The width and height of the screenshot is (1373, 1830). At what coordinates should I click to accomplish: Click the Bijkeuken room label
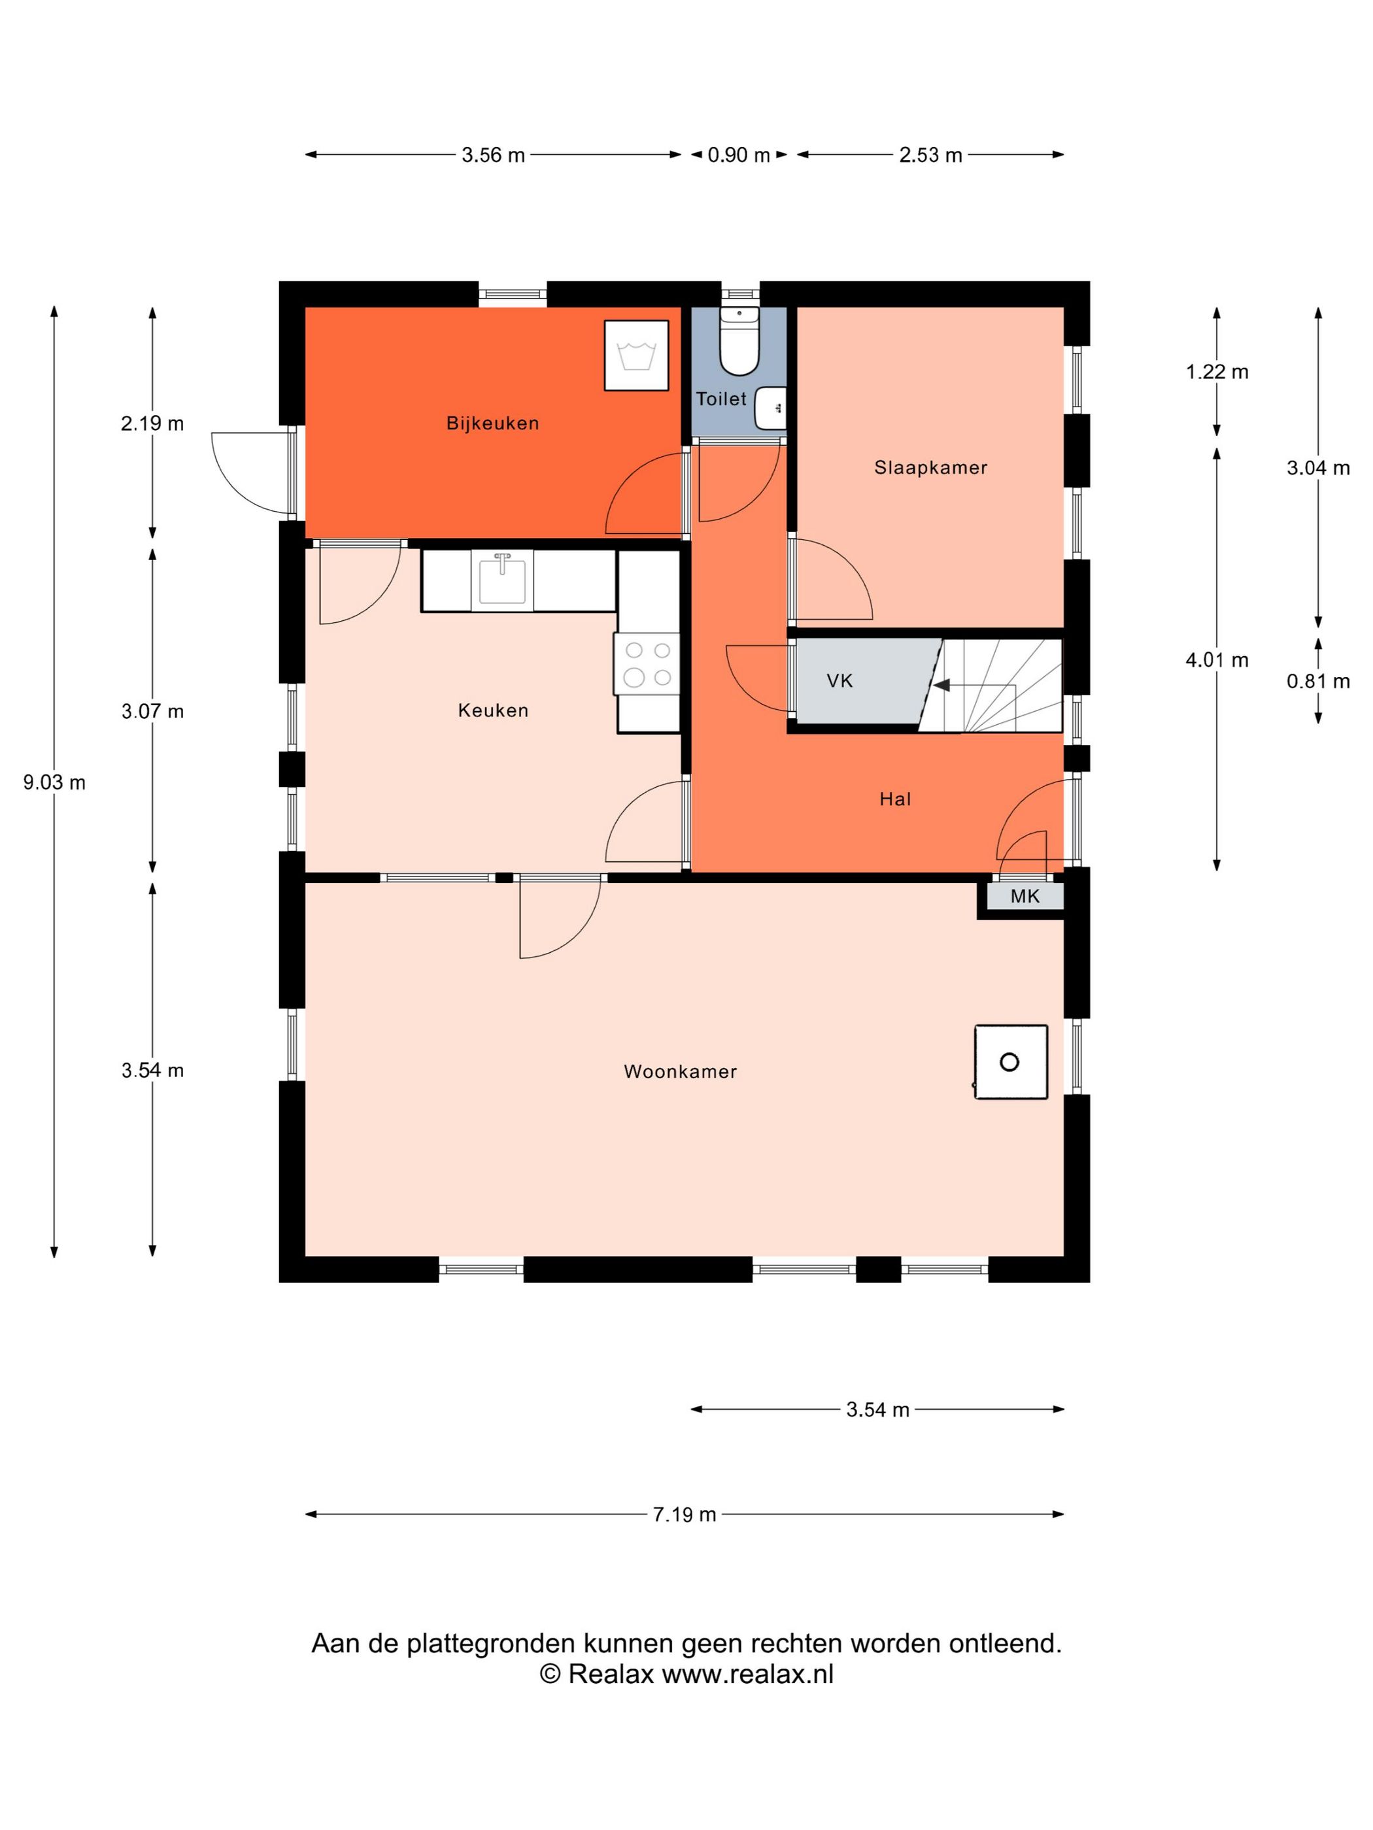[492, 424]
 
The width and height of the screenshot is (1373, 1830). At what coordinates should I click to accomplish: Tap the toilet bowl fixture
[739, 341]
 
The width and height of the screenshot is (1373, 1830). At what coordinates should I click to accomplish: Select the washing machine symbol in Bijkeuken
[636, 355]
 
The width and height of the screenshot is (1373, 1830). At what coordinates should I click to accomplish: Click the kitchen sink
[501, 579]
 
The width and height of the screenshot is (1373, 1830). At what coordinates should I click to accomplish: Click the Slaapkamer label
[931, 468]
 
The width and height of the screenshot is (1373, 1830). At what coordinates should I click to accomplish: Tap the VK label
[839, 681]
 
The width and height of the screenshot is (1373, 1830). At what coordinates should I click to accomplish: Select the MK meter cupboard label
[1025, 896]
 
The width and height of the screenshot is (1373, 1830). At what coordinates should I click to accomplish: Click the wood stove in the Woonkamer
[1011, 1062]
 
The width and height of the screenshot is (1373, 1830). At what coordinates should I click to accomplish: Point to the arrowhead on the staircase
[941, 685]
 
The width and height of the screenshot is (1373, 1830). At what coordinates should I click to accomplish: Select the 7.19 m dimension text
[685, 1515]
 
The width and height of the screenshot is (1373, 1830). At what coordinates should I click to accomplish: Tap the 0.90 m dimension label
[739, 156]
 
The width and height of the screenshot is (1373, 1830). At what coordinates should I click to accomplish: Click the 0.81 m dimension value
[1318, 682]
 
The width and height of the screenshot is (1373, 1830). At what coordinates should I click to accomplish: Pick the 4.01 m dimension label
[1217, 660]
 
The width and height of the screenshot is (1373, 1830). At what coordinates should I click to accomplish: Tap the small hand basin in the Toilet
[770, 408]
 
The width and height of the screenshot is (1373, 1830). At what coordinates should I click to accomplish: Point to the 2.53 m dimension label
[931, 156]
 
